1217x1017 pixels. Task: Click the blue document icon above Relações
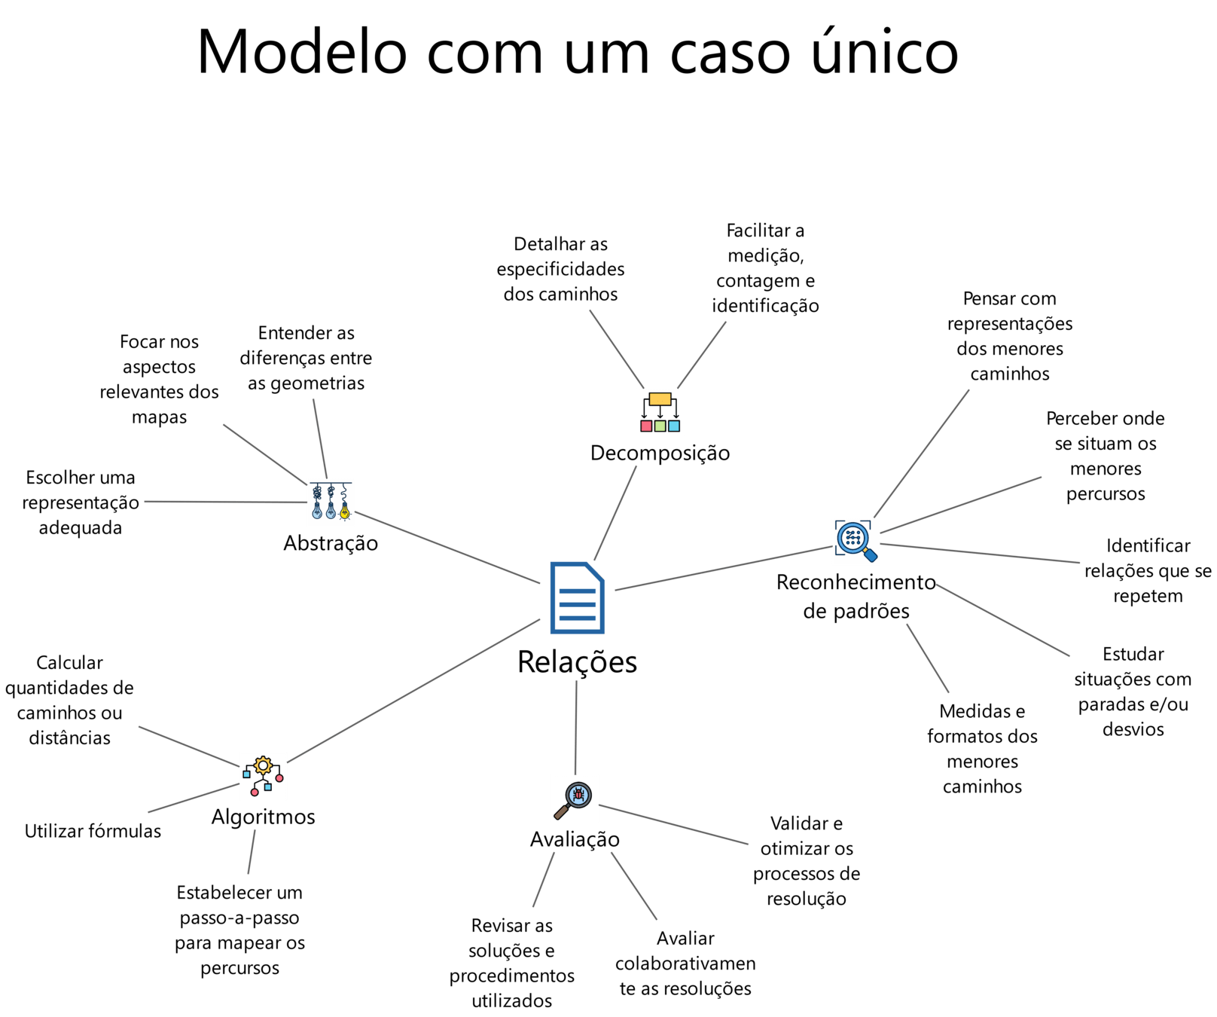point(577,599)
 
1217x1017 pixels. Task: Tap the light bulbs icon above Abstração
point(331,502)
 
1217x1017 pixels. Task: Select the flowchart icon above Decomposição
point(660,412)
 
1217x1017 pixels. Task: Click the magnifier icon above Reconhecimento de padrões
point(856,542)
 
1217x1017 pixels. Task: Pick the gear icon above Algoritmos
point(263,775)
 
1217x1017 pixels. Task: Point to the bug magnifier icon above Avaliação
point(575,799)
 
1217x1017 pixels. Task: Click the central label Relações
point(577,662)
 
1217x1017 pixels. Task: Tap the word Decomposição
point(660,454)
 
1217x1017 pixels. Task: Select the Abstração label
point(331,543)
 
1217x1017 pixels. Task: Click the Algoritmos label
point(263,817)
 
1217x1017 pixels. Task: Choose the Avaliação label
point(575,839)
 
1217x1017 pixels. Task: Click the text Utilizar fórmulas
point(93,831)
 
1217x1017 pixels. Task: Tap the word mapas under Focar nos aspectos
point(159,417)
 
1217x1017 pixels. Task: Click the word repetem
point(1148,597)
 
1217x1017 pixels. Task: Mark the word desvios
point(1133,729)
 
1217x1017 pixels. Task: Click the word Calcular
point(69,663)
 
